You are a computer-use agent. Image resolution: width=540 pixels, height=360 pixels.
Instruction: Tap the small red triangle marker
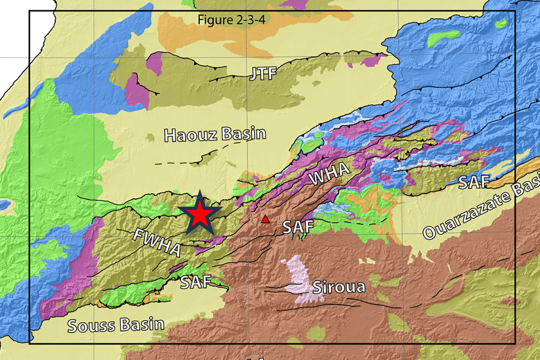tap(265, 220)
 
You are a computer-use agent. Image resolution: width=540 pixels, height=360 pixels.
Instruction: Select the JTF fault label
tap(263, 73)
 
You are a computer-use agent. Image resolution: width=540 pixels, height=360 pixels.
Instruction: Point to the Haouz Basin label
tap(215, 135)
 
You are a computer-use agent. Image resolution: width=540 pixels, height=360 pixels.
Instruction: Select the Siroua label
tap(338, 287)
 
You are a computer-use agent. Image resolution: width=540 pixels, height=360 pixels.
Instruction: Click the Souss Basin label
tap(116, 325)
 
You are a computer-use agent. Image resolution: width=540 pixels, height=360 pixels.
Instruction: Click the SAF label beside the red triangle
tap(297, 227)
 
